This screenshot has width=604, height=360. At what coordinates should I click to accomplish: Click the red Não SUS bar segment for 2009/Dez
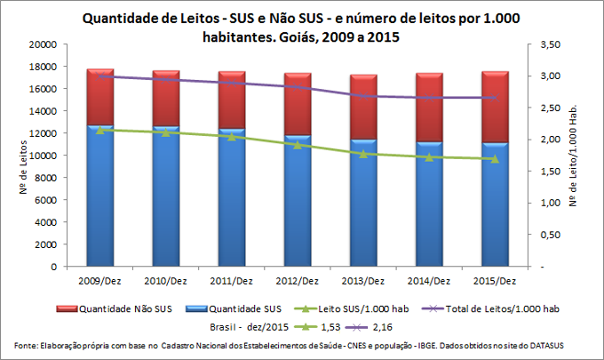point(112,98)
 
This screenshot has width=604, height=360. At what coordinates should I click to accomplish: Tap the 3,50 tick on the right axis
point(552,44)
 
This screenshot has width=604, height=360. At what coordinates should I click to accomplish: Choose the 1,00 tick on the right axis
point(552,203)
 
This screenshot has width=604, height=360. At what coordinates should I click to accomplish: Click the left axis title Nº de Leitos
point(22,156)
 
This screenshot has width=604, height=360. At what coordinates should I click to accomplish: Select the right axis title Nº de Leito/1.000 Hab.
point(584,156)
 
